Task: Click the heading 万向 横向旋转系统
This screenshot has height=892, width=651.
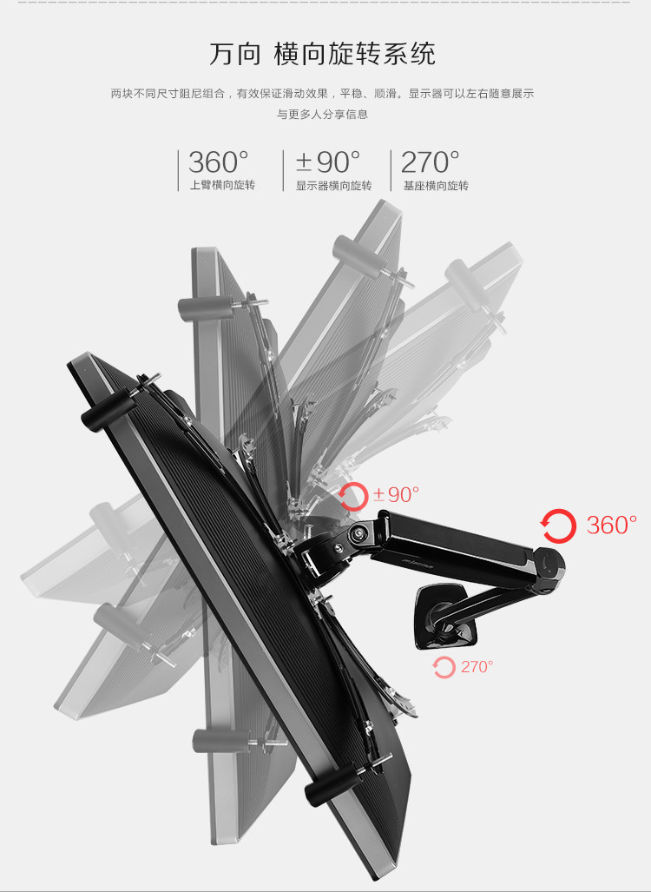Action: pos(322,55)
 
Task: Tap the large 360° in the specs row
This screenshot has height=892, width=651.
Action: pos(219,162)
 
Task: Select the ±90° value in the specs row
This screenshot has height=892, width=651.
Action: pos(328,162)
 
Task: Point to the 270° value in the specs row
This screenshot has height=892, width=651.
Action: pos(431,162)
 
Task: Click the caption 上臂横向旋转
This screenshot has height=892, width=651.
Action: pos(222,185)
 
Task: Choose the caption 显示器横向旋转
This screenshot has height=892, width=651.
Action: pos(333,185)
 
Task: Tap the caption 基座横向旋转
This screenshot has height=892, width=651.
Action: pos(436,185)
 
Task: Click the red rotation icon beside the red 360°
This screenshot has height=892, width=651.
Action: pos(557,525)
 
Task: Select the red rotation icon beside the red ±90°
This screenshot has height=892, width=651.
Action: pos(353,496)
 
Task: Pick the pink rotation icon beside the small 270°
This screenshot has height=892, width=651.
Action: pos(444,667)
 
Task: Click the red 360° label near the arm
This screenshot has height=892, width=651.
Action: pos(612,525)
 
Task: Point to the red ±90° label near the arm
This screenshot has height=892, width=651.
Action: pos(396,495)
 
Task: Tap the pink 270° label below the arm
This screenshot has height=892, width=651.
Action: pos(477,667)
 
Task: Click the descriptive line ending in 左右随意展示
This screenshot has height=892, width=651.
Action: pos(322,93)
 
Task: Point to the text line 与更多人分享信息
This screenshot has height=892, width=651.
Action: pos(322,114)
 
